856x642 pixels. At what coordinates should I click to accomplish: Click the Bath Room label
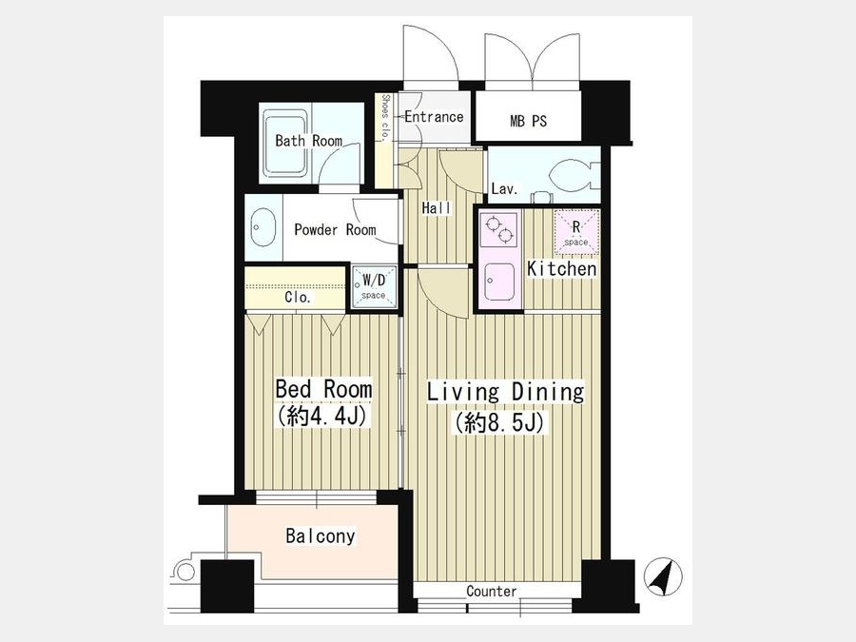(x=308, y=141)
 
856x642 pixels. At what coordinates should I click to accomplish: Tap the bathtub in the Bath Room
(x=285, y=145)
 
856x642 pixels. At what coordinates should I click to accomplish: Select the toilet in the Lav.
(x=570, y=176)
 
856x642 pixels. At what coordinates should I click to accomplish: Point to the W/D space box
(x=374, y=287)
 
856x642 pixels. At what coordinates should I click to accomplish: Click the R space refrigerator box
(x=576, y=232)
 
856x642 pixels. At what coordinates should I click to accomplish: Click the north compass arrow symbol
(x=663, y=576)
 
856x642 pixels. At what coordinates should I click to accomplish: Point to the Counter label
(x=492, y=592)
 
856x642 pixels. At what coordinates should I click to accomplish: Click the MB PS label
(x=528, y=121)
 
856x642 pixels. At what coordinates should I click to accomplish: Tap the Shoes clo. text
(x=385, y=118)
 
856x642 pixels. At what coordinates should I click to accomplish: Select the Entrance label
(x=434, y=117)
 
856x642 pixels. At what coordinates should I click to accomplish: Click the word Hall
(x=437, y=208)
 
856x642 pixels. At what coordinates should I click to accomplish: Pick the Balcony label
(x=321, y=535)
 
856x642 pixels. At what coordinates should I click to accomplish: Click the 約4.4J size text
(x=323, y=416)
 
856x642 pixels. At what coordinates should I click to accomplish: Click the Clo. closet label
(x=298, y=297)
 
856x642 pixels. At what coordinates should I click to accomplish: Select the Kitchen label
(x=562, y=268)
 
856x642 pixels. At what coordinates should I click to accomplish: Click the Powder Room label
(x=335, y=229)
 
